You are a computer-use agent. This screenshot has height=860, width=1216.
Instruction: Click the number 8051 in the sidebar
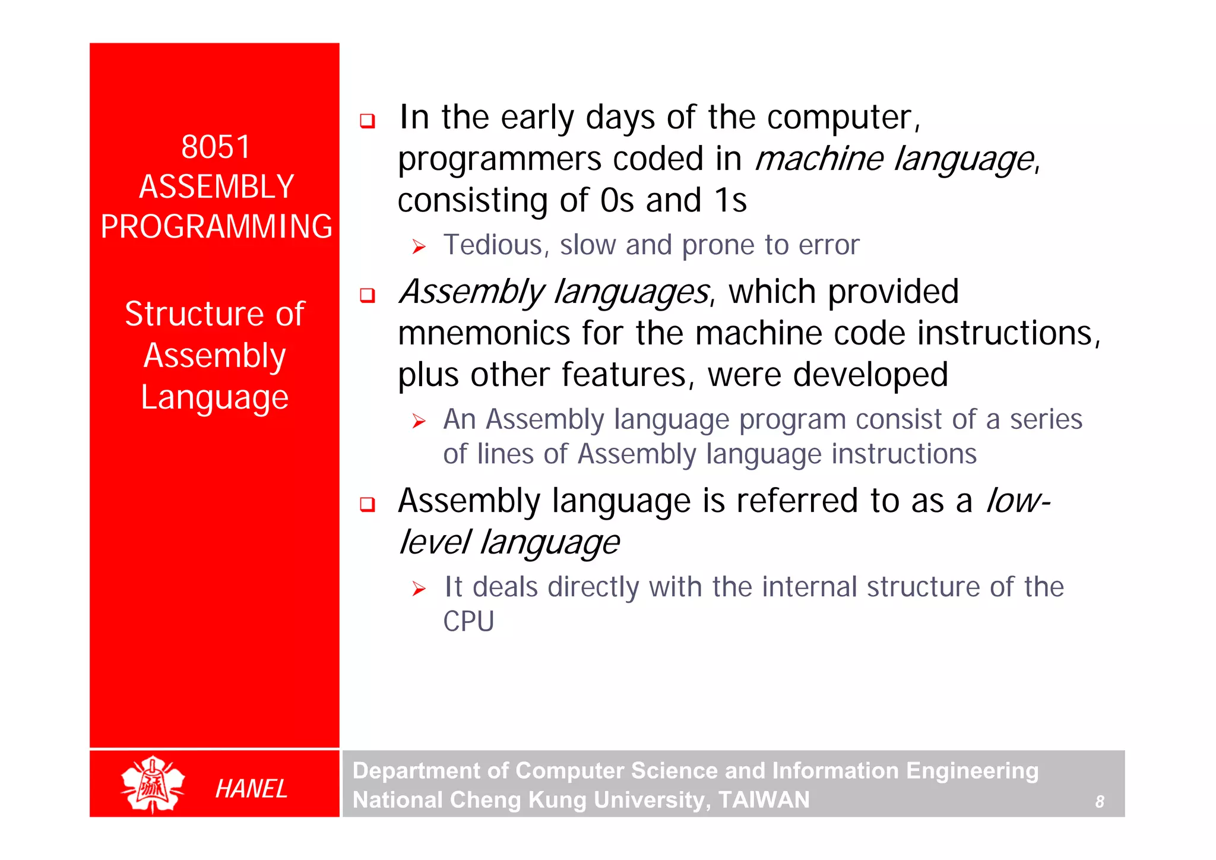[x=216, y=147]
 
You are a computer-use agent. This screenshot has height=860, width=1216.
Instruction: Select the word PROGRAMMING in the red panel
[x=216, y=227]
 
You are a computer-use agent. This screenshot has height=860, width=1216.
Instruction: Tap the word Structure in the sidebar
[x=194, y=314]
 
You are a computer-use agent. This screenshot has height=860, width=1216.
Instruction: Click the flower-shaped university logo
[x=153, y=785]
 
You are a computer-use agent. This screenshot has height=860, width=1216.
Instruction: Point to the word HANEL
[x=251, y=789]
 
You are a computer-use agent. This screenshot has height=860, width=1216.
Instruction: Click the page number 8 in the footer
[x=1100, y=802]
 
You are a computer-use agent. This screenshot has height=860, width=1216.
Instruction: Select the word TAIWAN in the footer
[x=764, y=800]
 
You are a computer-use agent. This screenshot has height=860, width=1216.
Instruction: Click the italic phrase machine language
[x=894, y=159]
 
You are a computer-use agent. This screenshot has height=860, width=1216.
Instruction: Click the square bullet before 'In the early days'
[x=368, y=121]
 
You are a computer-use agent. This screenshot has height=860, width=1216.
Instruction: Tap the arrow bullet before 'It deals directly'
[x=419, y=589]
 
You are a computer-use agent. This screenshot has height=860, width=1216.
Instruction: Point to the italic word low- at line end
[x=1018, y=501]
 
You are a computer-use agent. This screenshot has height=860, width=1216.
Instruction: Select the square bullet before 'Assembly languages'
[x=368, y=295]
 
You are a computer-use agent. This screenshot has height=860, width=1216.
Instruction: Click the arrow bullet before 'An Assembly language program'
[x=419, y=422]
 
